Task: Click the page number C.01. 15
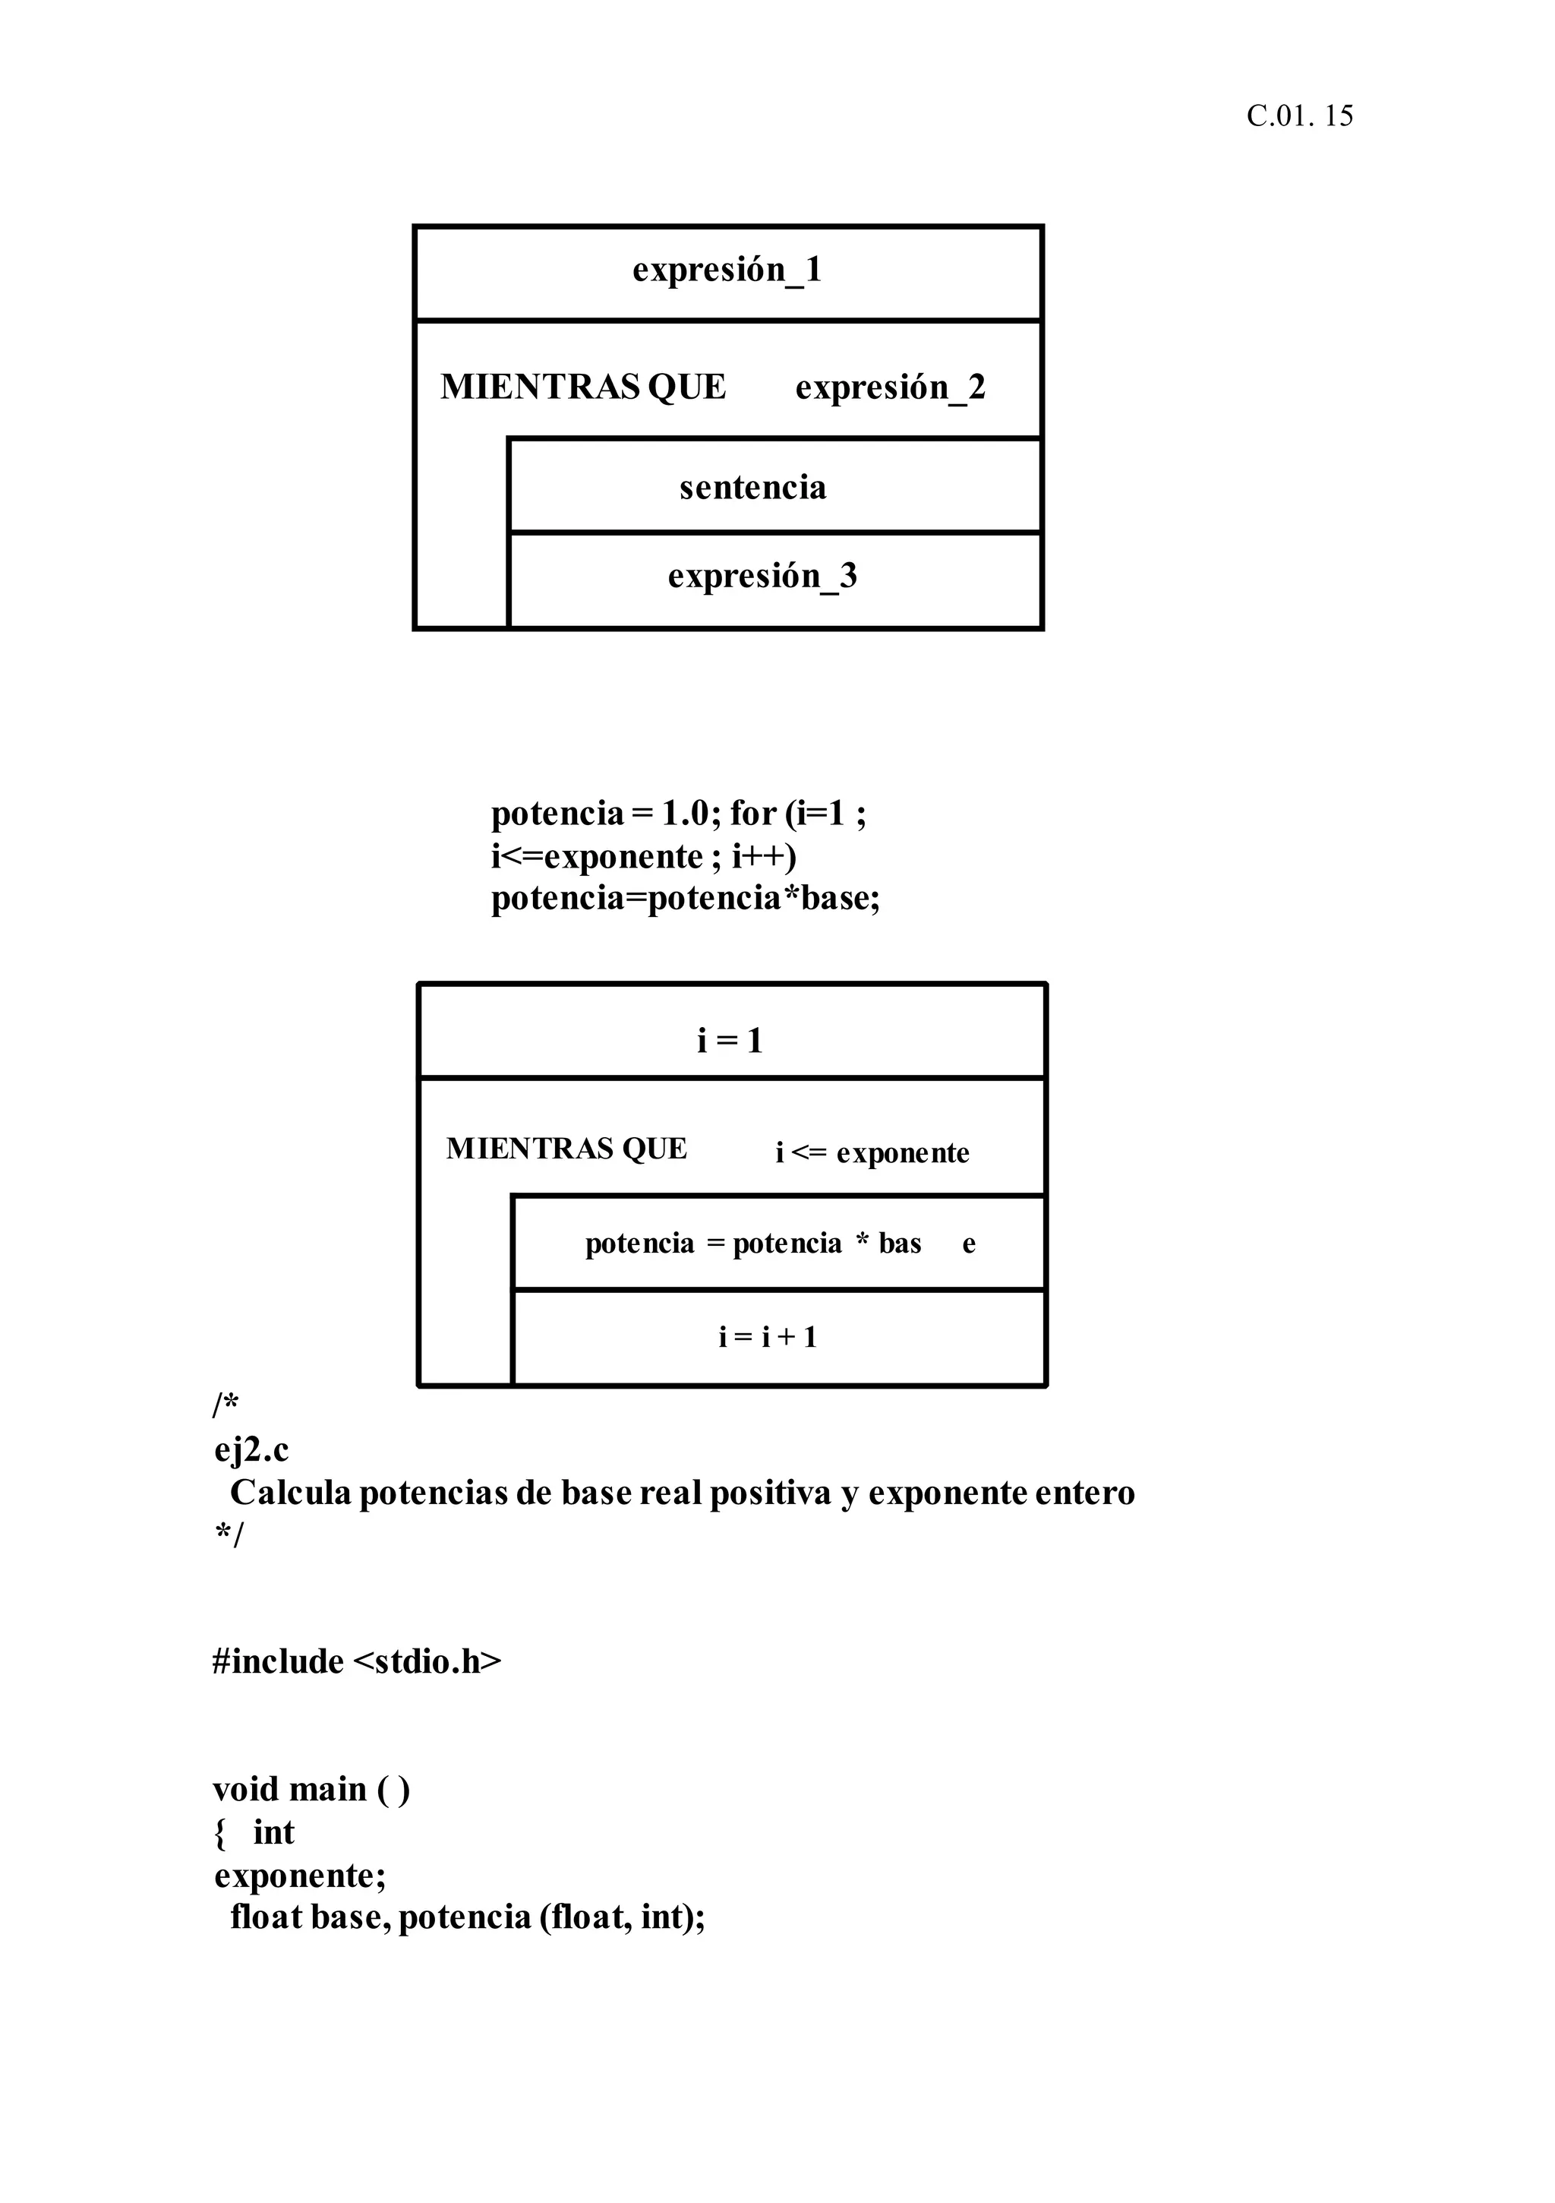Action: [1299, 116]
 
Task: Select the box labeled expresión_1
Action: [727, 271]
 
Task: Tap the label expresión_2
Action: [889, 387]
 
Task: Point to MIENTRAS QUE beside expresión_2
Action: [582, 387]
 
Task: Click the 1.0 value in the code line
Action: [685, 814]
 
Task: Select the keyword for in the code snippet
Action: [752, 814]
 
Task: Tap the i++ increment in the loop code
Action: [764, 857]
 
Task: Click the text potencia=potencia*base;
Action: [685, 899]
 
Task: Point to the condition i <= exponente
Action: [872, 1152]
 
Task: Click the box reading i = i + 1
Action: [768, 1336]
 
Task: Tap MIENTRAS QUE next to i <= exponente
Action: [566, 1149]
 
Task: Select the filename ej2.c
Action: [251, 1449]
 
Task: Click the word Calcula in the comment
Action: [291, 1493]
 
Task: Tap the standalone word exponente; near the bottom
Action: [299, 1875]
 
